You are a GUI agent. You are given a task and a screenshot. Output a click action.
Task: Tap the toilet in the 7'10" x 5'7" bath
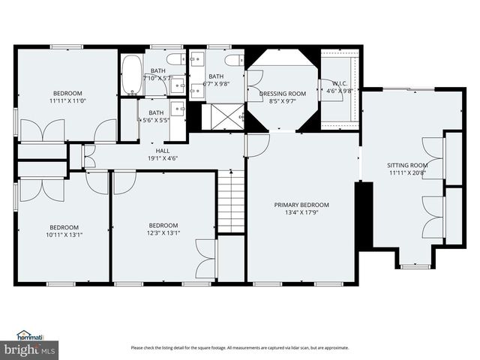click(x=172, y=59)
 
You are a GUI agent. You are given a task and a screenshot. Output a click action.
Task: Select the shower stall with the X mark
click(x=224, y=116)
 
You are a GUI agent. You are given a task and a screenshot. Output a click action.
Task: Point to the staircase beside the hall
click(x=232, y=201)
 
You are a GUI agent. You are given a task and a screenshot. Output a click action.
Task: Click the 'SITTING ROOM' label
click(x=407, y=165)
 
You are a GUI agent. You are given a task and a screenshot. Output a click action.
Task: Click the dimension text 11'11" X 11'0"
click(x=66, y=100)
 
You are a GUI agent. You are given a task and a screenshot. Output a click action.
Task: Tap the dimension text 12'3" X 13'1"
click(x=163, y=232)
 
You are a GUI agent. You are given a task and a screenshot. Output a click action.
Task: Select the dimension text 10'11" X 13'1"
click(x=64, y=235)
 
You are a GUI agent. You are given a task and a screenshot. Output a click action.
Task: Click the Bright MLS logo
click(x=30, y=349)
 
